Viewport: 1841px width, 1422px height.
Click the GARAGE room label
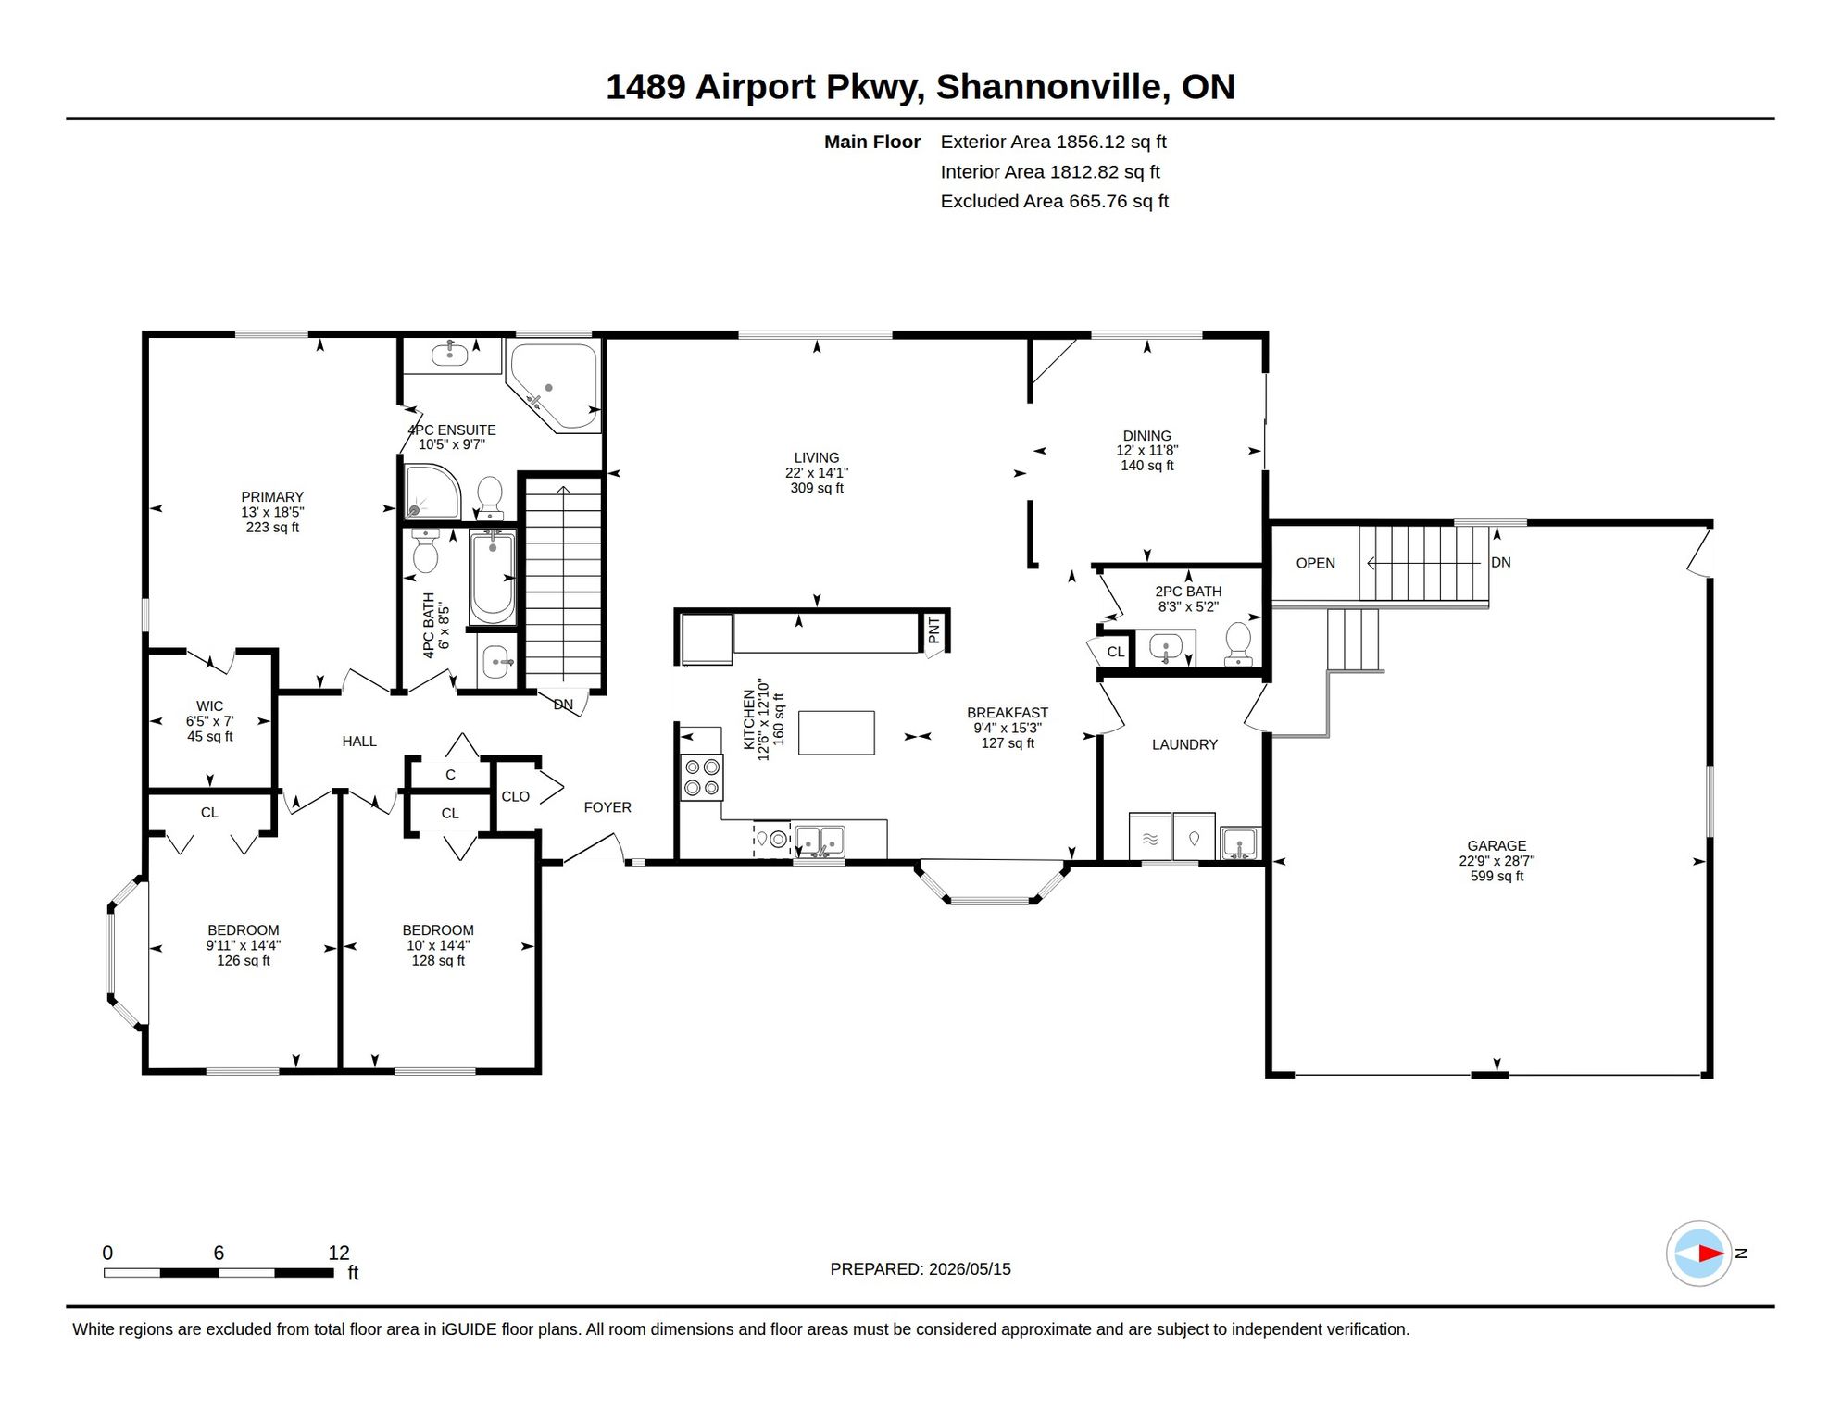1497,845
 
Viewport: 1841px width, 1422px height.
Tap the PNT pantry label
933,630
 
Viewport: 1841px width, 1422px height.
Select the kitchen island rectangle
836,732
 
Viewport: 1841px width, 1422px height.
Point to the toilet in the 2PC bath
1238,643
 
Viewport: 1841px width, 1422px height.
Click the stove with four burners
702,777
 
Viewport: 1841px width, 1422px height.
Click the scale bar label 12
339,1253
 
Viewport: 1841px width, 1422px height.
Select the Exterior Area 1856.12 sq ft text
1053,142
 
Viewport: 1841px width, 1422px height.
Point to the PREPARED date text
920,1269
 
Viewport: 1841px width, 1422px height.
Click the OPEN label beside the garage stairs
1315,563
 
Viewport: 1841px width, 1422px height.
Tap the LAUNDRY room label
1184,744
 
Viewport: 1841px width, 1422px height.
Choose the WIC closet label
209,706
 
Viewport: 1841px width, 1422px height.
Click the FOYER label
607,807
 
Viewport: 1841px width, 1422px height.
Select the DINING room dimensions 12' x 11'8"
1146,451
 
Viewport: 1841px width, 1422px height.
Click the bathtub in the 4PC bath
493,578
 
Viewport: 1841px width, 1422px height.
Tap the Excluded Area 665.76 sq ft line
1054,201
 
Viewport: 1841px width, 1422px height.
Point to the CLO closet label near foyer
516,796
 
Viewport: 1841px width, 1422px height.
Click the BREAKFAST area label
1008,713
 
